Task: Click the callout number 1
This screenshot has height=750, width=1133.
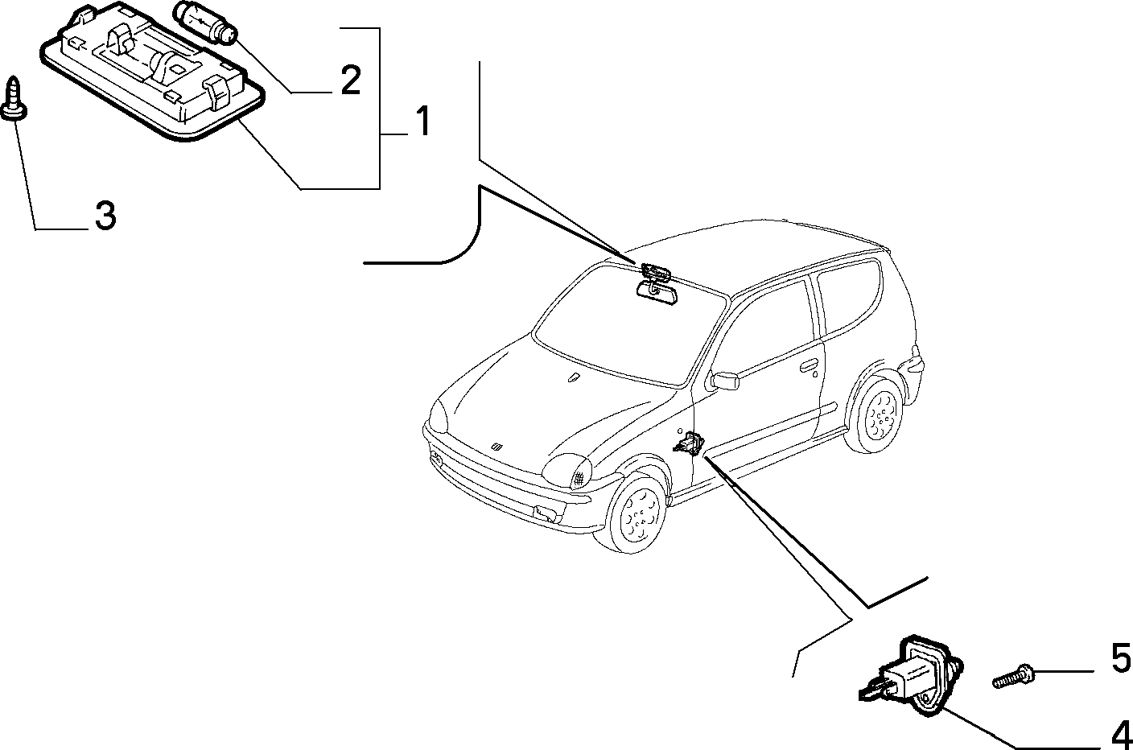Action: click(422, 121)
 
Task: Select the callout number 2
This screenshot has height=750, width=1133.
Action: click(351, 80)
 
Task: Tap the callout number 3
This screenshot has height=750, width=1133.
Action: click(105, 216)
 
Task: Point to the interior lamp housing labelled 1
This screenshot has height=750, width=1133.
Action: click(152, 72)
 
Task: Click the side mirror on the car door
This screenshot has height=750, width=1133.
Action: click(724, 381)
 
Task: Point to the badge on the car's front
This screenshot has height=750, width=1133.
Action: click(496, 447)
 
